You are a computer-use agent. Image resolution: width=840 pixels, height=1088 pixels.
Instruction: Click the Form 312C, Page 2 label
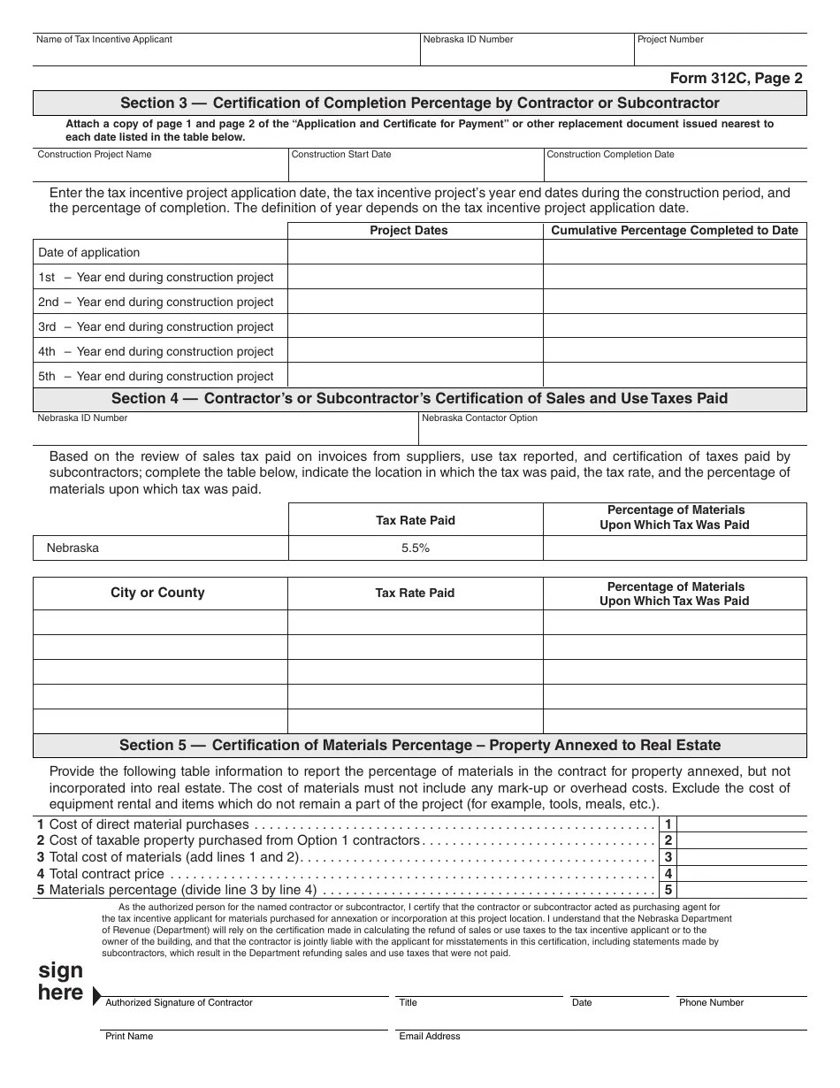(x=736, y=78)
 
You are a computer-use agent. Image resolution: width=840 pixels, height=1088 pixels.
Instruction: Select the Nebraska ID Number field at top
(x=526, y=51)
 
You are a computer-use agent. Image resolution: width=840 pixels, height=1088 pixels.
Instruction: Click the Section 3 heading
(x=420, y=103)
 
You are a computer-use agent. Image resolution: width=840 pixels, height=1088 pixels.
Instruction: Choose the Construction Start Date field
(x=416, y=165)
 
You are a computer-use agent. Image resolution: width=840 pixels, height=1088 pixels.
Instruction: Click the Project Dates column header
(x=409, y=230)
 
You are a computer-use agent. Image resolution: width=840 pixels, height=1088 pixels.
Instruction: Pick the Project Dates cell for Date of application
(x=415, y=252)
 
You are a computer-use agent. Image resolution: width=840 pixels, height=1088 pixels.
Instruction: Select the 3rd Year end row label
(x=156, y=326)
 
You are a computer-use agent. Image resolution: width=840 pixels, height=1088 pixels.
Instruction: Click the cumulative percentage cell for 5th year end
(x=675, y=376)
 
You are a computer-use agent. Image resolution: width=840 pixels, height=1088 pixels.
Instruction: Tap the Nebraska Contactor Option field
(x=612, y=429)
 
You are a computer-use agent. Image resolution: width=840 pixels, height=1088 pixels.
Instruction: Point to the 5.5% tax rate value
(x=416, y=548)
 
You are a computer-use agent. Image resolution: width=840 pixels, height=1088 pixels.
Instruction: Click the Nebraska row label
(x=73, y=548)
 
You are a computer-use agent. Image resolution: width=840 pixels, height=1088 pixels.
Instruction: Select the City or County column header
(x=157, y=593)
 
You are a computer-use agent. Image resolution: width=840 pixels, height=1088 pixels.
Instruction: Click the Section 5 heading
(x=420, y=745)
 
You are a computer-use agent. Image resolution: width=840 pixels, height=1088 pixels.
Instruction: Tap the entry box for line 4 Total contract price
(x=742, y=874)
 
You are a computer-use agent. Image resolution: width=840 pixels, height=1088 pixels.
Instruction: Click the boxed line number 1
(x=668, y=824)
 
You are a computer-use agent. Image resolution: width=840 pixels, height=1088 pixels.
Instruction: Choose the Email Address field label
(x=430, y=1036)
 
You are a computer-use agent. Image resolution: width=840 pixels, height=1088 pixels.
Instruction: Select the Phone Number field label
(x=711, y=1002)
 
